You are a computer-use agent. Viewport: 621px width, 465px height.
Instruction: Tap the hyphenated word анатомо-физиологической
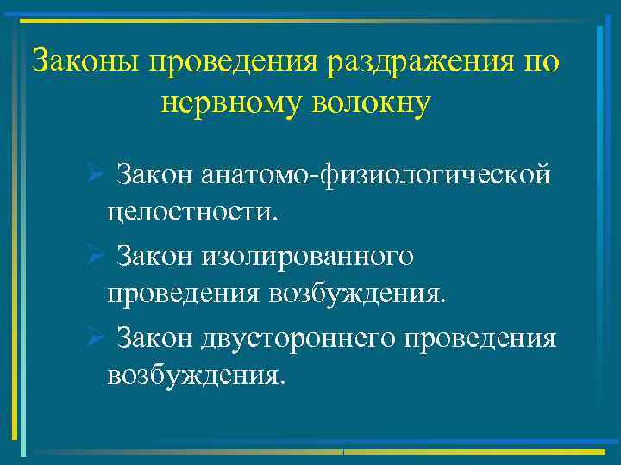coord(376,176)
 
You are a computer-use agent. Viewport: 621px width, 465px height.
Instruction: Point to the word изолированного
coord(308,257)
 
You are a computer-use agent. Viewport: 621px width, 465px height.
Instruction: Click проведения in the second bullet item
coord(183,294)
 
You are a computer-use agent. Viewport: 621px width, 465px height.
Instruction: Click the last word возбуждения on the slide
coord(193,375)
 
